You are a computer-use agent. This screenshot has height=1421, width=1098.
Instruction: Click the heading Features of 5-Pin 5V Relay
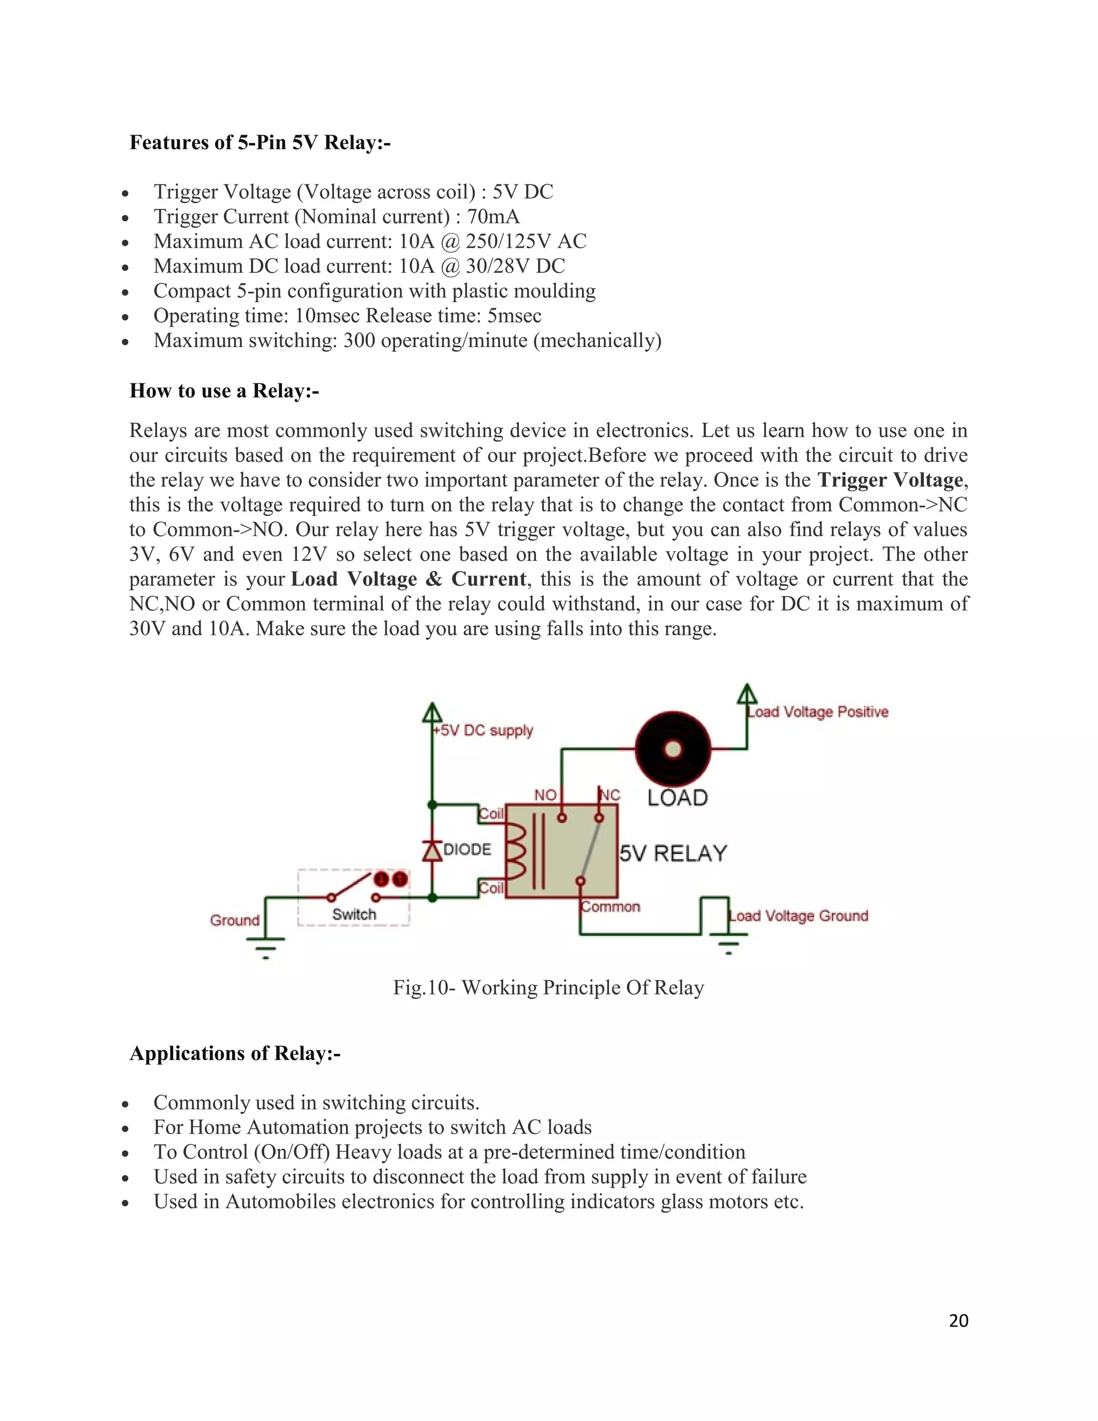click(259, 143)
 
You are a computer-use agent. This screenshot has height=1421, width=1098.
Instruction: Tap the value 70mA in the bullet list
click(493, 217)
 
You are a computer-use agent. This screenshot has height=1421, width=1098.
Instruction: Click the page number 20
click(958, 1320)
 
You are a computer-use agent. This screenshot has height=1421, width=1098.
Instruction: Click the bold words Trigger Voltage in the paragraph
click(890, 480)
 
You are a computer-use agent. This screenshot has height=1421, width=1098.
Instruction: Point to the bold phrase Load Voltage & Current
click(409, 579)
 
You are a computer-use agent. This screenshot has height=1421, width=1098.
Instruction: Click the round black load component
click(673, 750)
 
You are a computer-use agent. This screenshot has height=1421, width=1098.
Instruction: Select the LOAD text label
click(677, 798)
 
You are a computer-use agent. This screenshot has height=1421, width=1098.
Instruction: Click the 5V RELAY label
click(673, 853)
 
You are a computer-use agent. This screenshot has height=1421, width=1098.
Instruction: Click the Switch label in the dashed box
click(354, 914)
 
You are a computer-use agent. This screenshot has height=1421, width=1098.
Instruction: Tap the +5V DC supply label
click(483, 731)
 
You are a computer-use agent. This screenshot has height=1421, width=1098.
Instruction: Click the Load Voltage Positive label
click(818, 712)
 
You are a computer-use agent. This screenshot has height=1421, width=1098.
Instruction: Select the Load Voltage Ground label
click(799, 916)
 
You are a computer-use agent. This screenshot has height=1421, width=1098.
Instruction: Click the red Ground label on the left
click(234, 920)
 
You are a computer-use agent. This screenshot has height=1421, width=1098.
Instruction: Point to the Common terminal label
click(611, 907)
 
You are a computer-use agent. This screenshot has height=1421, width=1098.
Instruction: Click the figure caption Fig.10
click(548, 988)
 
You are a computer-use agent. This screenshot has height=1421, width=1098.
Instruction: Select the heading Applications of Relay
click(235, 1053)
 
